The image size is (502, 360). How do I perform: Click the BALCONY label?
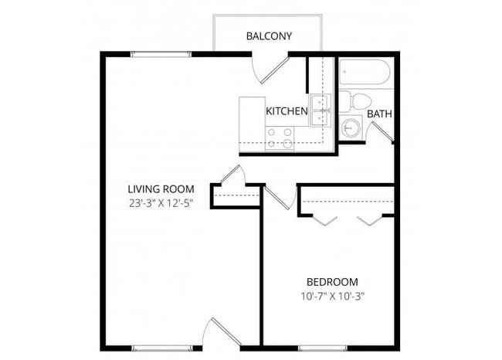click(269, 36)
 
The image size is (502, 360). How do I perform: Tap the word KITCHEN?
click(287, 111)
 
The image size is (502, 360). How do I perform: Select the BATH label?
click(379, 114)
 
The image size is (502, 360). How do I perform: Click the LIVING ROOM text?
click(161, 188)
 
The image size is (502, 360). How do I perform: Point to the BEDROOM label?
click(332, 281)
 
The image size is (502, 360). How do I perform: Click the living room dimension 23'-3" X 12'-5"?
click(161, 204)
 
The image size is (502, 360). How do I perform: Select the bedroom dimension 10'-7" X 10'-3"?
click(332, 295)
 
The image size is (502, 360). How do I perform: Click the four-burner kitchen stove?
click(280, 138)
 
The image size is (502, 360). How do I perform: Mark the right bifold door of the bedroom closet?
click(371, 220)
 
